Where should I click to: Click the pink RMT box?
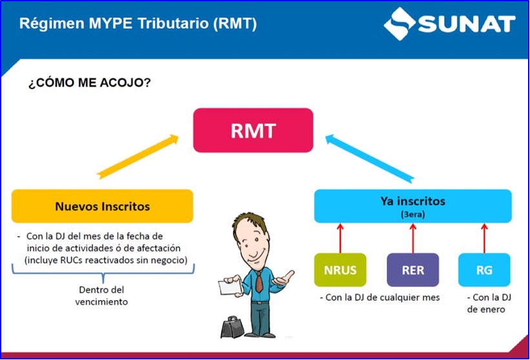click(x=254, y=131)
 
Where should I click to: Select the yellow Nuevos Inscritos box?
click(x=102, y=206)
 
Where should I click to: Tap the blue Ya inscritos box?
click(x=413, y=206)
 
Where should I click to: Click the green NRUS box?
click(x=340, y=270)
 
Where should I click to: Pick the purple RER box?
click(x=413, y=270)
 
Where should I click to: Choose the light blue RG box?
click(x=484, y=270)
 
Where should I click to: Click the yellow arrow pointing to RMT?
click(x=137, y=155)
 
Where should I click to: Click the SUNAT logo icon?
click(x=400, y=24)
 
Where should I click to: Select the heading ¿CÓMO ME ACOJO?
click(x=89, y=83)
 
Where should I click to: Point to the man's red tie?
click(x=258, y=281)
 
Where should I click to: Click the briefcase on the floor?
click(x=230, y=327)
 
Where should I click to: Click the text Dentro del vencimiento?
click(x=101, y=296)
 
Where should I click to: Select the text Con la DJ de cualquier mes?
click(x=380, y=297)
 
